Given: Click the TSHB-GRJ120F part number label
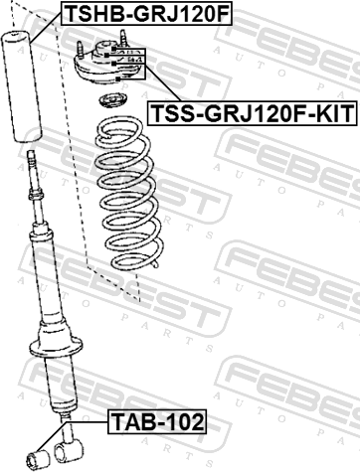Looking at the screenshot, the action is pyautogui.click(x=146, y=13).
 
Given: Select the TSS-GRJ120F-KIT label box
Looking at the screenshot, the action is pyautogui.click(x=253, y=113).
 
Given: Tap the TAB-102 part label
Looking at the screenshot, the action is pyautogui.click(x=157, y=421).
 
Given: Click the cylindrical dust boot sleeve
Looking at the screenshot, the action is pyautogui.click(x=22, y=86).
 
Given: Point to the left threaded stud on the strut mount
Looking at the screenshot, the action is pyautogui.click(x=80, y=49).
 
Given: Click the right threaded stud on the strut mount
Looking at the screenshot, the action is pyautogui.click(x=123, y=38).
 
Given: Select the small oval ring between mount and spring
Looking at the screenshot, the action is pyautogui.click(x=112, y=101).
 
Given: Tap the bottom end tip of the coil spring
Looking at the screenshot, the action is pyautogui.click(x=155, y=265).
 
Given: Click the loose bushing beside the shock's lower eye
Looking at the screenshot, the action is pyautogui.click(x=38, y=459).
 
